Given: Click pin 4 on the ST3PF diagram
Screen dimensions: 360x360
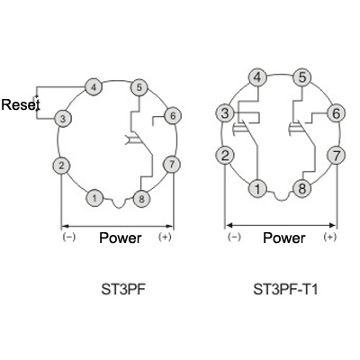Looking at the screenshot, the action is pyautogui.click(x=94, y=87).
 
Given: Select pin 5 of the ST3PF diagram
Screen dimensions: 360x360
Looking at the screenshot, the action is pyautogui.click(x=139, y=87).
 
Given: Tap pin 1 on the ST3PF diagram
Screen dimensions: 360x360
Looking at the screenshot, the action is pyautogui.click(x=94, y=198).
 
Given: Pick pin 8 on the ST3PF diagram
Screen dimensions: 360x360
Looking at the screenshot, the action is pyautogui.click(x=141, y=199).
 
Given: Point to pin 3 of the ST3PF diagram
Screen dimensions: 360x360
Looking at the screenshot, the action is pyautogui.click(x=63, y=119).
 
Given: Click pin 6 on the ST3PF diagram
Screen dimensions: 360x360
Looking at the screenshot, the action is pyautogui.click(x=173, y=115).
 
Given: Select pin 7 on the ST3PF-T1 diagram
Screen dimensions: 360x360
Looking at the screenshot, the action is pyautogui.click(x=337, y=156).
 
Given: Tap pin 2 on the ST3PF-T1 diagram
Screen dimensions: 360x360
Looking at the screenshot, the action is pyautogui.click(x=225, y=156).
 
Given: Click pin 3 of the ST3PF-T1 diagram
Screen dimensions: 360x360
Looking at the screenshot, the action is pyautogui.click(x=225, y=113).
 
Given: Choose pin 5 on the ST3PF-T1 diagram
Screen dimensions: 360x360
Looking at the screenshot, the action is pyautogui.click(x=302, y=77).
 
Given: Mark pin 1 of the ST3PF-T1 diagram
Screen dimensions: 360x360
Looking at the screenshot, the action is pyautogui.click(x=257, y=188).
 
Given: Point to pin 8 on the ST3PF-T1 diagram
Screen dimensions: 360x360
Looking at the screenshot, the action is pyautogui.click(x=302, y=188).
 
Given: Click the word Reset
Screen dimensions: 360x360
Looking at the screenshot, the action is pyautogui.click(x=21, y=104).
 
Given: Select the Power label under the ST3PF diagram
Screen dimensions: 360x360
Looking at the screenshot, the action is pyautogui.click(x=121, y=238).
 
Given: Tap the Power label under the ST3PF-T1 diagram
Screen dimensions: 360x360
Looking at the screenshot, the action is pyautogui.click(x=284, y=238).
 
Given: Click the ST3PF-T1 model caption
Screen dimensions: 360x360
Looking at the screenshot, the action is pyautogui.click(x=285, y=290).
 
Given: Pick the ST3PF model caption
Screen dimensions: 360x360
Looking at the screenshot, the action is pyautogui.click(x=123, y=290).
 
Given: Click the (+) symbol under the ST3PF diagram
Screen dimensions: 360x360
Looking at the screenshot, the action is pyautogui.click(x=165, y=237).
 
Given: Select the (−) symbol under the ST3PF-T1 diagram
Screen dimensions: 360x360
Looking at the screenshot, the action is pyautogui.click(x=234, y=237).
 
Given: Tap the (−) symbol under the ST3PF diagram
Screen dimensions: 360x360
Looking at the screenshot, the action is pyautogui.click(x=69, y=237).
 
